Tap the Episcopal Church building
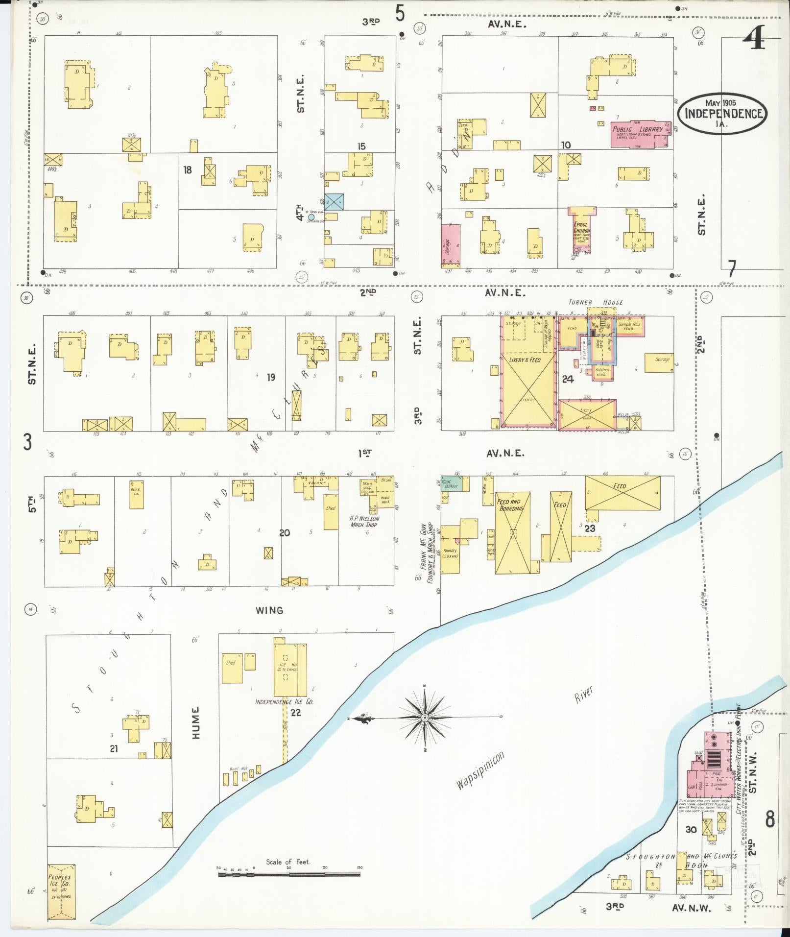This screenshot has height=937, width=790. pos(582,230)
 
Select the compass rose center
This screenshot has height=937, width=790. pos(425,718)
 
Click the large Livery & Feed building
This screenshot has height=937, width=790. pos(528,387)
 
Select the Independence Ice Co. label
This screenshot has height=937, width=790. pos(284,701)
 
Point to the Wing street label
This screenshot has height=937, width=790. pos(269,610)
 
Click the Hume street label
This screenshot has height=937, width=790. pos(196,722)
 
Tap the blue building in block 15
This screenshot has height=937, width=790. pos(334,202)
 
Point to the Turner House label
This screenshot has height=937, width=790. pos(596,302)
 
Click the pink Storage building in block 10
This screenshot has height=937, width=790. pos(451,246)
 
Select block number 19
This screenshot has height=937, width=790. pos(271,377)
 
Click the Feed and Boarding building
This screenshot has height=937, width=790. pos(512,532)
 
